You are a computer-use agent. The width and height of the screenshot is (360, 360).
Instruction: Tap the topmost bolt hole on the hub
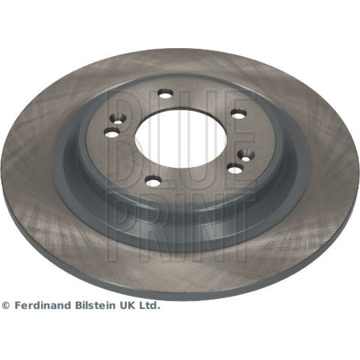coord(166,94)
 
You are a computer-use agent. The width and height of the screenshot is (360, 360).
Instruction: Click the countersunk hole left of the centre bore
coord(118,119)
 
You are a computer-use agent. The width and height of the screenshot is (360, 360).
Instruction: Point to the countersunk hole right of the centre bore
coord(246,155)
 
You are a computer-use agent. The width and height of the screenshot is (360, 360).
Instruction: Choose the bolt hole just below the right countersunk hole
coord(234,169)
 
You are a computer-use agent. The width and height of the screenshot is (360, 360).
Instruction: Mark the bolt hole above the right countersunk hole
coord(239,115)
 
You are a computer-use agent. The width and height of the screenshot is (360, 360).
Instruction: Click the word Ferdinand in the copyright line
coord(43,306)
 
